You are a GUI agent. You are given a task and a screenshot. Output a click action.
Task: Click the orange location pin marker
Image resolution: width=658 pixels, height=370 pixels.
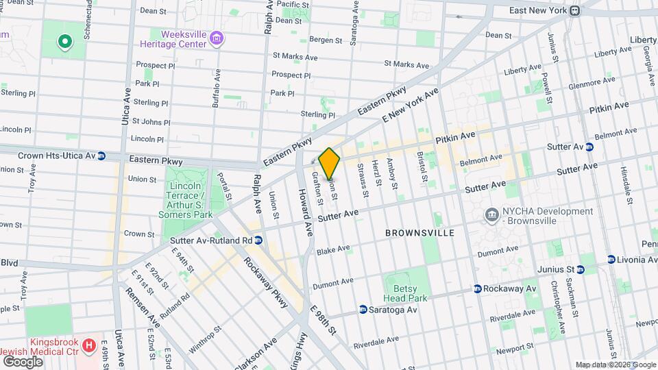point(330,163)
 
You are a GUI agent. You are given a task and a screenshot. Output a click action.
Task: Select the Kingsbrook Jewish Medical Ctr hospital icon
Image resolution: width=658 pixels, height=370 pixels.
point(88,345)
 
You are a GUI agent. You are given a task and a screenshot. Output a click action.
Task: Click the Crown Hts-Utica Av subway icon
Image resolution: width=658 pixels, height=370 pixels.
point(101,156)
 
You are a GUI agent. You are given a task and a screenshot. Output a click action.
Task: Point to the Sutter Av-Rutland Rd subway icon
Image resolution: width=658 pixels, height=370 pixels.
point(258,241)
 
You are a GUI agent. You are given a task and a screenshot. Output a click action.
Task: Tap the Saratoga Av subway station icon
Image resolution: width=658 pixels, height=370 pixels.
point(363,310)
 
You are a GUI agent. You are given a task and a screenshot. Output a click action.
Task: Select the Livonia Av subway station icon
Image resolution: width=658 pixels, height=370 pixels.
point(611,259)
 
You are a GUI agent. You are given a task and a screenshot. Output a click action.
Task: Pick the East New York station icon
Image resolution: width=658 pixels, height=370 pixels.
point(576,11)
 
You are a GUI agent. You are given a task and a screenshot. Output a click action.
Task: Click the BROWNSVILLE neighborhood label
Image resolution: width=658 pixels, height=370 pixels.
point(419,233)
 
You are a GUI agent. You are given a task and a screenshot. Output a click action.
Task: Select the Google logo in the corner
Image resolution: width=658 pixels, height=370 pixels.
point(22,361)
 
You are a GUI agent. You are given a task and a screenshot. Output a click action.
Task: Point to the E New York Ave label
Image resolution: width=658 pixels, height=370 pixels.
point(410,106)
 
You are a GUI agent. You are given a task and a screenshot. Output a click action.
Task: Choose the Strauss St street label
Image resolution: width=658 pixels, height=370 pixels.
point(362,184)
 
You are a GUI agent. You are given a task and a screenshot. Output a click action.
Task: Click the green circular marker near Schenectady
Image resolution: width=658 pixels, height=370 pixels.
point(65,42)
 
